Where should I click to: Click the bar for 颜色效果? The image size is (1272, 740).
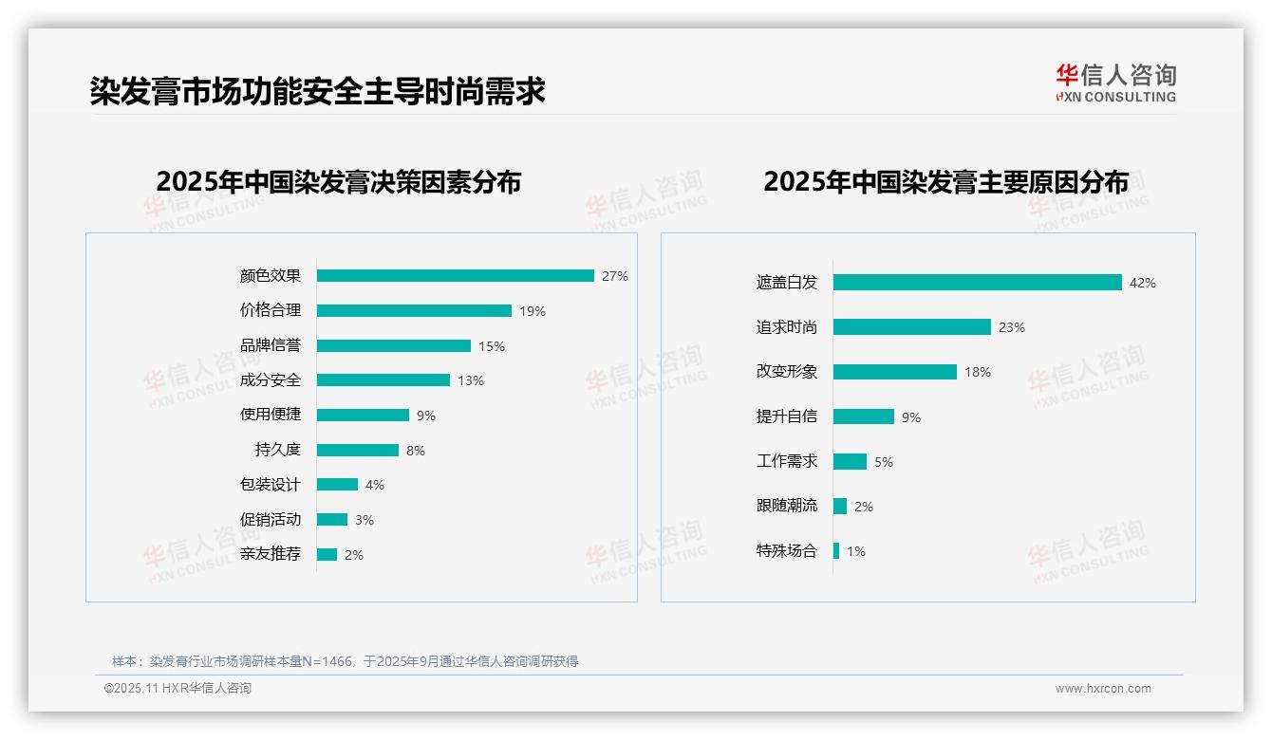tap(456, 276)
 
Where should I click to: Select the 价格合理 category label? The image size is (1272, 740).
tap(271, 310)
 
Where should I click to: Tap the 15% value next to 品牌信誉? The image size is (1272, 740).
tap(492, 346)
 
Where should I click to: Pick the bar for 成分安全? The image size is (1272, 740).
tap(383, 380)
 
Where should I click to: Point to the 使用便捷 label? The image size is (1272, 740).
tap(271, 415)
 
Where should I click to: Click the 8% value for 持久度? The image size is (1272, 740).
tap(416, 451)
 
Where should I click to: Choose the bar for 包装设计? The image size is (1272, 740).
tap(337, 485)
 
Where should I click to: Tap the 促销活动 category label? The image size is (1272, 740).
tap(271, 520)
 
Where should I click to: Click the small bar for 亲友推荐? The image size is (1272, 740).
tap(327, 554)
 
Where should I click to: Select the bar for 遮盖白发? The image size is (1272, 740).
tap(978, 283)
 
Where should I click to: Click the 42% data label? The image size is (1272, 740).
tap(1143, 283)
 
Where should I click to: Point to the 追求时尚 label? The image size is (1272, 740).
tap(787, 327)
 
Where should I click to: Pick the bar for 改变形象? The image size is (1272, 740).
tap(895, 372)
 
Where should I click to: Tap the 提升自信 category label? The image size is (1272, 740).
tap(787, 416)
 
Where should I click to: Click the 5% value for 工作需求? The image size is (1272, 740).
tap(884, 462)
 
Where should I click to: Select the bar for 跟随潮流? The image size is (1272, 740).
tap(840, 507)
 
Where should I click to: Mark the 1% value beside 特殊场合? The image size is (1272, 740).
tap(856, 551)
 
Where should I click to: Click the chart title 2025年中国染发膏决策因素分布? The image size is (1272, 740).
tap(339, 182)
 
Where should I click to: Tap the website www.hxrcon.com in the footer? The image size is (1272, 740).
tap(1103, 689)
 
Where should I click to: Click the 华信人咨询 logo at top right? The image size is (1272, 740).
tap(1116, 83)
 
